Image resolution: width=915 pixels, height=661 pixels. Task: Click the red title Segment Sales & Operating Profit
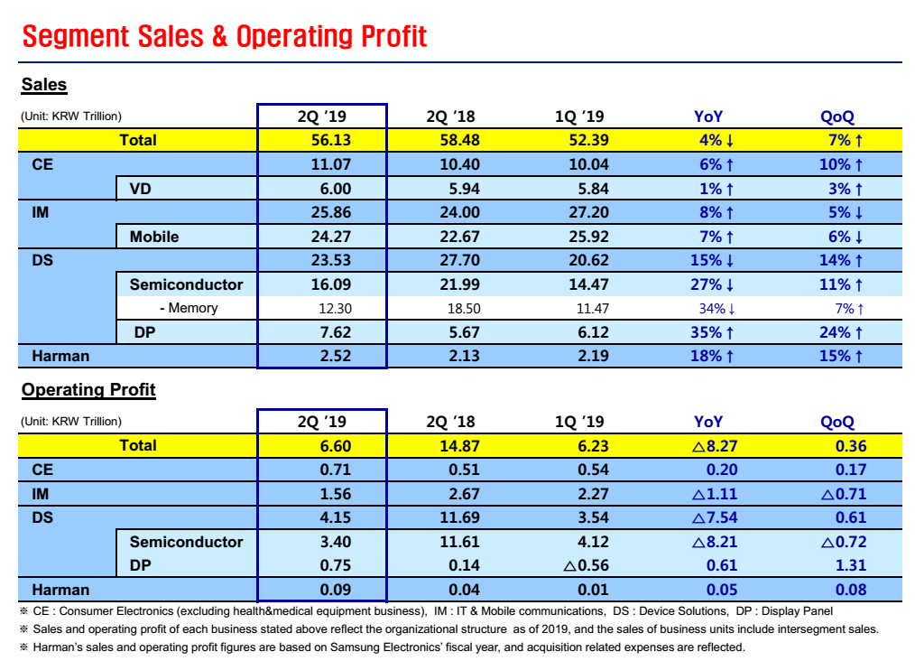224,37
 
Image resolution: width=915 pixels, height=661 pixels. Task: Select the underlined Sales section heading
44,85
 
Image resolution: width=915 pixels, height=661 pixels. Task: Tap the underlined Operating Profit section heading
88,390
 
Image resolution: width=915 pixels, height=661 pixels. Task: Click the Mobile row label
154,237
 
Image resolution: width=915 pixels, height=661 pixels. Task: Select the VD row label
140,189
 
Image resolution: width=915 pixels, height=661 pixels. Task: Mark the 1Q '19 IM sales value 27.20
582,212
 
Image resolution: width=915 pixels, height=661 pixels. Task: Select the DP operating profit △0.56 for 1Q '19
586,565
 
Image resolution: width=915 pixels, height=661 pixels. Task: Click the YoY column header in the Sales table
708,116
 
